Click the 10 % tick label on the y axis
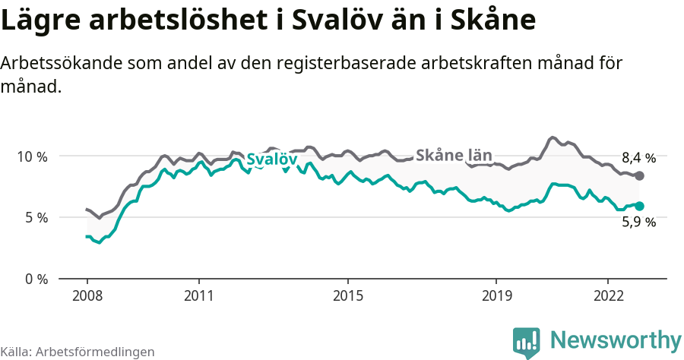click(32, 156)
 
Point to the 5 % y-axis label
click(35, 218)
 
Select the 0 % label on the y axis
click(35, 279)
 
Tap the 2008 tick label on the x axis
click(87, 295)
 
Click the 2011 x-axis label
click(198, 295)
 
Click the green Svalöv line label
click(271, 159)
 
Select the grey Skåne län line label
click(454, 155)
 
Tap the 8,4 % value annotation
click(638, 159)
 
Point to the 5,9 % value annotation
click(638, 223)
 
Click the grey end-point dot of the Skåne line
click(640, 175)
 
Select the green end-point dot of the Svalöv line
click(640, 206)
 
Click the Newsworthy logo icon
click(527, 342)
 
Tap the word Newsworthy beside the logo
click(616, 339)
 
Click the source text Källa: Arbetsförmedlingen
click(78, 352)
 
